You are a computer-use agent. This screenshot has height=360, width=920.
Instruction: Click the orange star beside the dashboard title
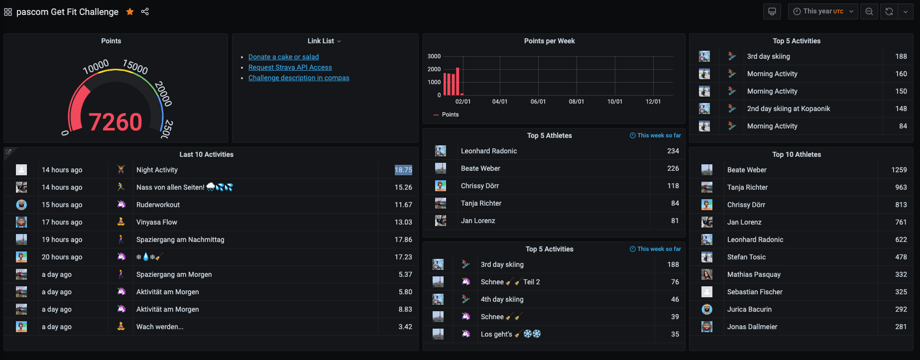130,11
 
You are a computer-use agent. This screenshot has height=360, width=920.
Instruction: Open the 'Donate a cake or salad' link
284,57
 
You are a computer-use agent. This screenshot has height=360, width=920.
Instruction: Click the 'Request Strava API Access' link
290,67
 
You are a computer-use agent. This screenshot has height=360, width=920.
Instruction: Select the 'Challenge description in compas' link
299,78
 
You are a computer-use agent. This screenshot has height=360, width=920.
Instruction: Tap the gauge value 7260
115,122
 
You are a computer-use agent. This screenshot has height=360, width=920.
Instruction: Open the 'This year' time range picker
823,11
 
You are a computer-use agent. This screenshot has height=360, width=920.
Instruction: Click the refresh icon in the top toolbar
889,11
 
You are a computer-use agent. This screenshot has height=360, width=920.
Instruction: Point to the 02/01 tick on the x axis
463,102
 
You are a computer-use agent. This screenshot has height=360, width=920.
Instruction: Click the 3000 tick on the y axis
434,56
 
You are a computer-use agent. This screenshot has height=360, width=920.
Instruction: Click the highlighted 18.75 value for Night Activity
403,170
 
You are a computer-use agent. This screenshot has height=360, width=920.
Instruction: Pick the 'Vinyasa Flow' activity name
157,222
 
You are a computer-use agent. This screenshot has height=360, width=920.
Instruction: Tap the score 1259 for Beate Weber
899,170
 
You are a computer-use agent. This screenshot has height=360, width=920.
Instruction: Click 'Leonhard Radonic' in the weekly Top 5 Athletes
489,151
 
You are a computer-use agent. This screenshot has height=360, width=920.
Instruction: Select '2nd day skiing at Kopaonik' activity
789,109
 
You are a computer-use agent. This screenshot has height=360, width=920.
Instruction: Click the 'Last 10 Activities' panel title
207,154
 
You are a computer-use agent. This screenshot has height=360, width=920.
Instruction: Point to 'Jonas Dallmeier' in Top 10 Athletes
752,327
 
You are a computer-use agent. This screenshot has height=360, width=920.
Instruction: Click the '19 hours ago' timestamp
62,240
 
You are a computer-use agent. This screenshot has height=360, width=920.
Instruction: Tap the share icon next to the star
145,11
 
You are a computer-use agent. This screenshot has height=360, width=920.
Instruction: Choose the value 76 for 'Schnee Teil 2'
675,282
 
